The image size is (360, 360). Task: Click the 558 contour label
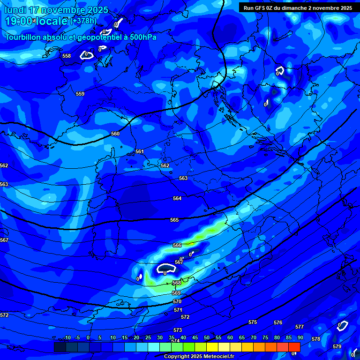point(67,56)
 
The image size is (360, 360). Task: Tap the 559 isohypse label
point(80,94)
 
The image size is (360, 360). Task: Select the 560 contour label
point(115,134)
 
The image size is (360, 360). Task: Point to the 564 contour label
point(177,199)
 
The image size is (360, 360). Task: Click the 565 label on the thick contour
point(174,220)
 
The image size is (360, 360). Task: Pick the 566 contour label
point(177,245)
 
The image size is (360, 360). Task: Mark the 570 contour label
point(177,302)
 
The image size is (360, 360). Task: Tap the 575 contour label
point(253,322)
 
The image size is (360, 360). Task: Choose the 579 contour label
point(337,346)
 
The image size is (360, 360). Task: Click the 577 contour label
point(300,327)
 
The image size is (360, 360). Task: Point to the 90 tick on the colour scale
point(300,338)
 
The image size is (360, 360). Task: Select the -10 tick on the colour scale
point(67,338)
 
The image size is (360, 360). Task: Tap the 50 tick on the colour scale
point(207,338)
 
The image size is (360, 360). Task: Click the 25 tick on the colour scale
point(148,338)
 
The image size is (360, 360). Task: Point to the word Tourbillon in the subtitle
point(23,37)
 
